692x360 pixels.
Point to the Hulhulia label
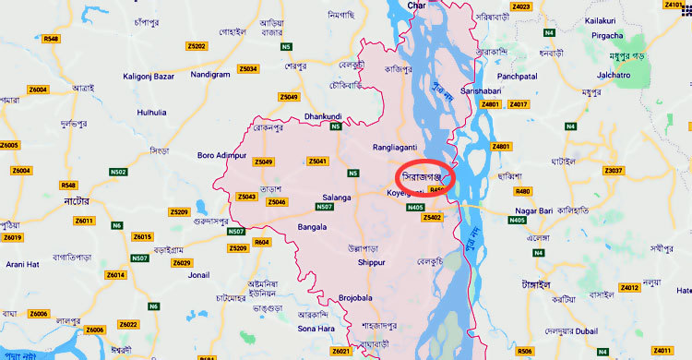(x=152, y=113)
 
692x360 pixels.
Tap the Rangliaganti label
(x=395, y=146)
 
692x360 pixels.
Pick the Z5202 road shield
(x=196, y=45)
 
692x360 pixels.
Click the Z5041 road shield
(x=317, y=162)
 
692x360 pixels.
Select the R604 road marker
(x=262, y=242)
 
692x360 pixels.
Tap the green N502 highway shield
(x=118, y=172)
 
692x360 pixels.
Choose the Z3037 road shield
(x=614, y=171)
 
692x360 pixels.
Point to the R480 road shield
(x=523, y=191)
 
